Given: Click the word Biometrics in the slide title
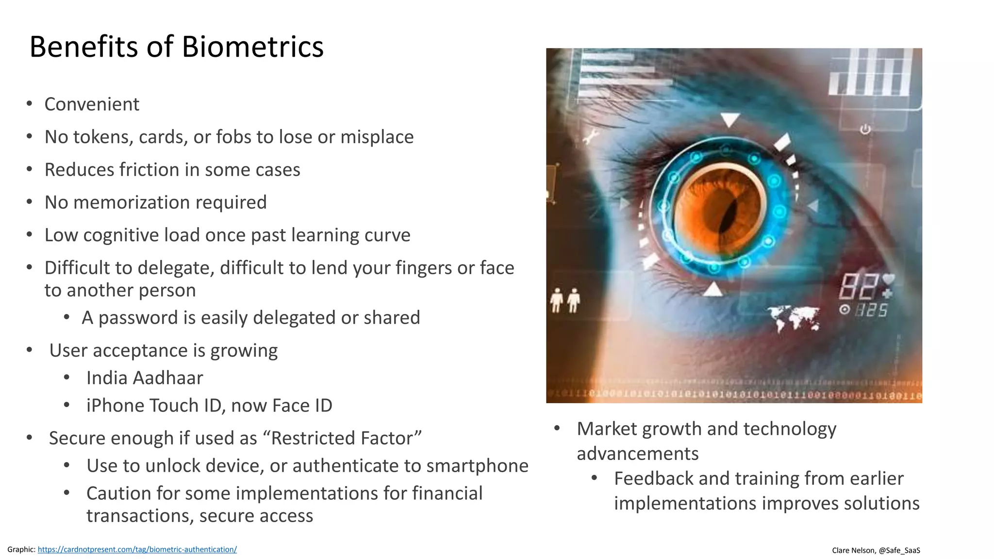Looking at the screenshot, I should tap(252, 47).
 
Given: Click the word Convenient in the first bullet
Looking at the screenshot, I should tap(92, 104).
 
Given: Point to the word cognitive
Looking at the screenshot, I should tap(121, 235).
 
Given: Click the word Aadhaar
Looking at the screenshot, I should tap(168, 378).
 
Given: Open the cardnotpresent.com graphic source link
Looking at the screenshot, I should tap(137, 549).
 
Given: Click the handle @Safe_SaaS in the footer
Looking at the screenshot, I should tap(899, 550).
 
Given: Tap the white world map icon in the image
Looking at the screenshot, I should tap(795, 317).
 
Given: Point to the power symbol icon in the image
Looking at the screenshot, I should tap(865, 130).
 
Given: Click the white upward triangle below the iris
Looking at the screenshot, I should tap(713, 290).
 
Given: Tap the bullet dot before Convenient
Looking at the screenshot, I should tap(30, 103).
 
